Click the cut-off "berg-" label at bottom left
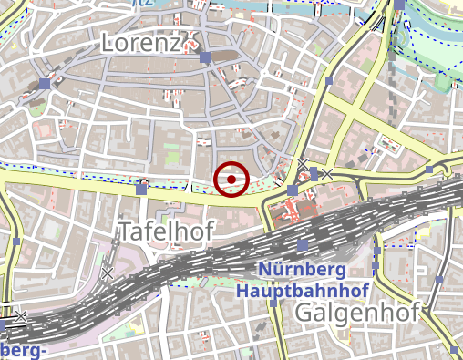tap(25, 352)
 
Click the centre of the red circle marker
tap(232, 179)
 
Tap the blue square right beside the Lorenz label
tap(205, 57)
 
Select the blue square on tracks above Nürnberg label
tap(303, 246)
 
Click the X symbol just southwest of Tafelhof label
tap(108, 272)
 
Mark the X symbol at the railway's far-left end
tap(20, 316)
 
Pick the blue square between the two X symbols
tap(314, 172)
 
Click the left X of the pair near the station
tap(302, 164)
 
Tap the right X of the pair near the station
tap(326, 173)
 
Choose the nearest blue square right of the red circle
tap(292, 190)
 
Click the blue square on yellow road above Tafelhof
tap(142, 188)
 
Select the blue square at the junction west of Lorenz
tap(45, 84)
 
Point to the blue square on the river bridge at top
tap(399, 5)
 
